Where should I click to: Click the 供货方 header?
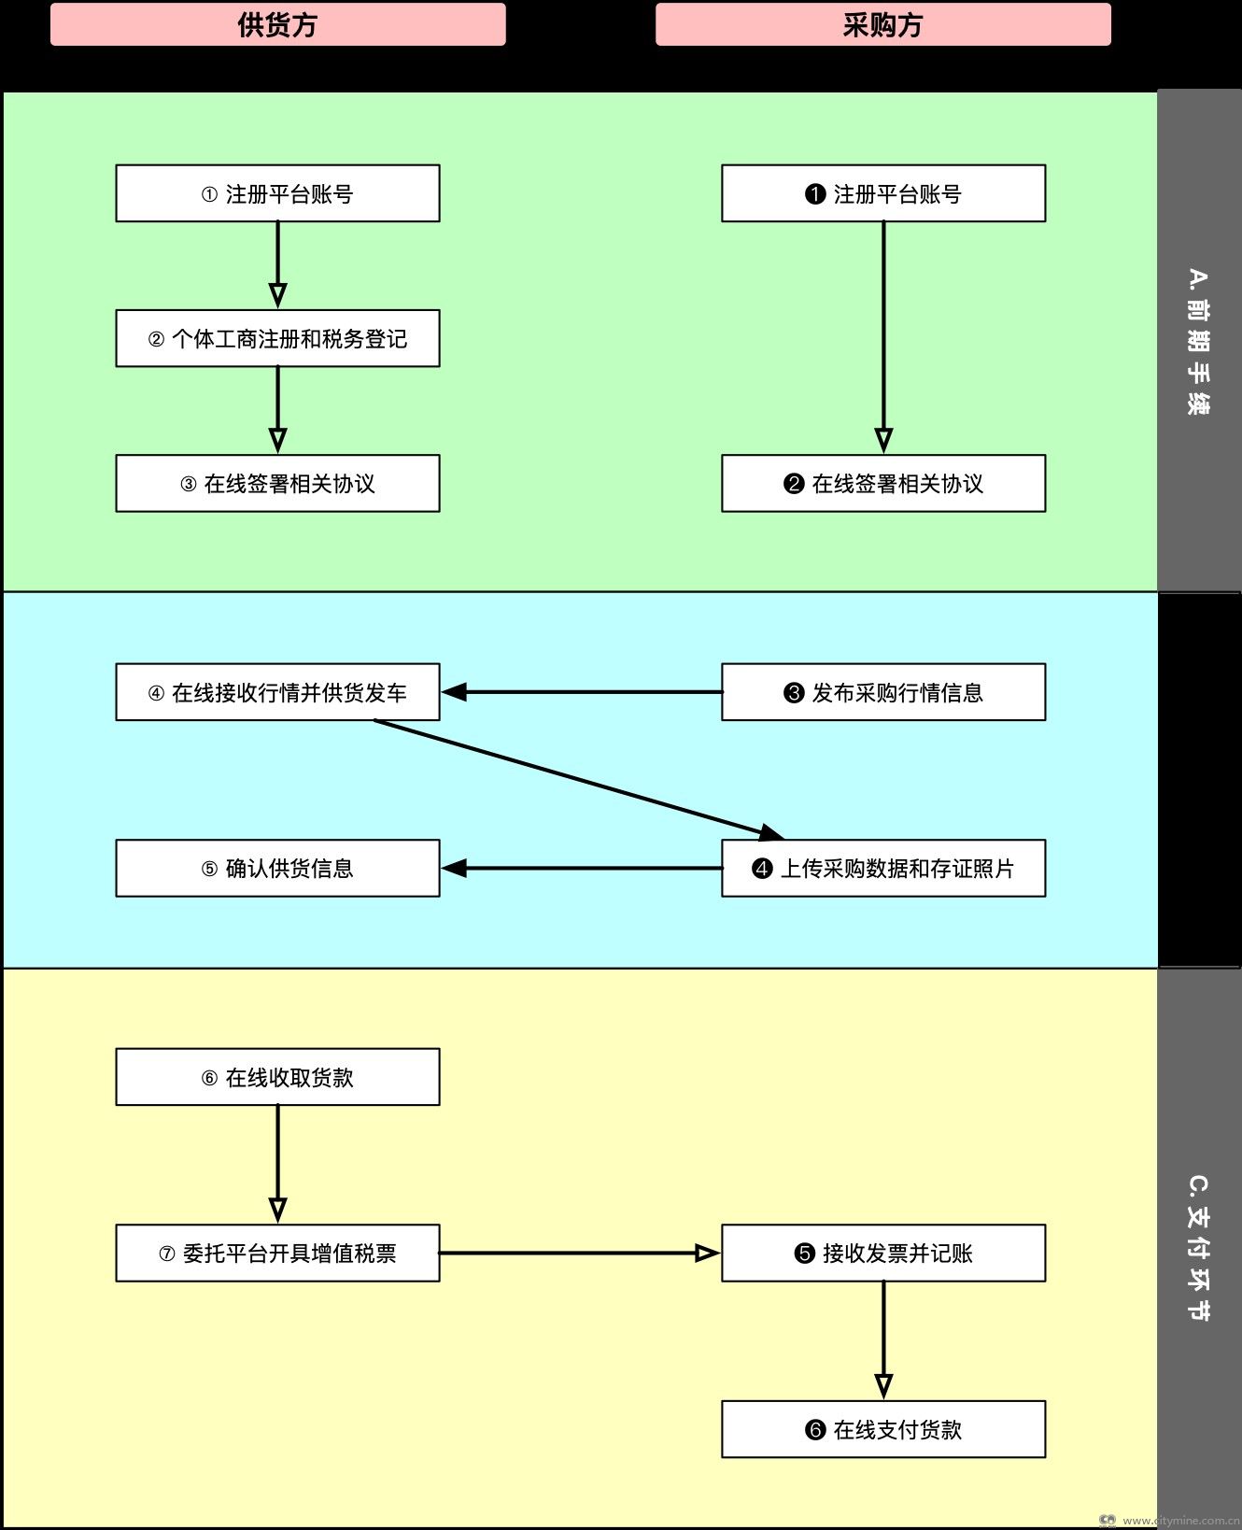coord(277,24)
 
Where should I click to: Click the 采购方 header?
coord(882,24)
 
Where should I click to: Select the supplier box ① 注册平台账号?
coord(277,193)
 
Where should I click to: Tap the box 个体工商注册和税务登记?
coord(277,338)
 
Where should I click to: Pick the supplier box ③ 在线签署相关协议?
coord(277,483)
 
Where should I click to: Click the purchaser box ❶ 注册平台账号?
coord(882,193)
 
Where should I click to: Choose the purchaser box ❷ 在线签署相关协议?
coord(882,483)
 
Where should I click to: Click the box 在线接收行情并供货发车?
coord(277,692)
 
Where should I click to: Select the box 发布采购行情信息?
coord(882,692)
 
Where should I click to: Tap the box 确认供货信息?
coord(277,868)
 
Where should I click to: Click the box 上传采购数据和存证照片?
coord(882,868)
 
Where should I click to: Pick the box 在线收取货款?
coord(277,1077)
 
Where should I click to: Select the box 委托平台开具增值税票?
coord(277,1253)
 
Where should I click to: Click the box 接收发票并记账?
coord(882,1253)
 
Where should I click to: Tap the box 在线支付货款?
coord(882,1429)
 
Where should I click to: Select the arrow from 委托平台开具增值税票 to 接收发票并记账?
coord(579,1253)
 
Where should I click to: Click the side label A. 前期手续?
coord(1199,342)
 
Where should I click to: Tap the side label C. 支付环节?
coord(1199,1248)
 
